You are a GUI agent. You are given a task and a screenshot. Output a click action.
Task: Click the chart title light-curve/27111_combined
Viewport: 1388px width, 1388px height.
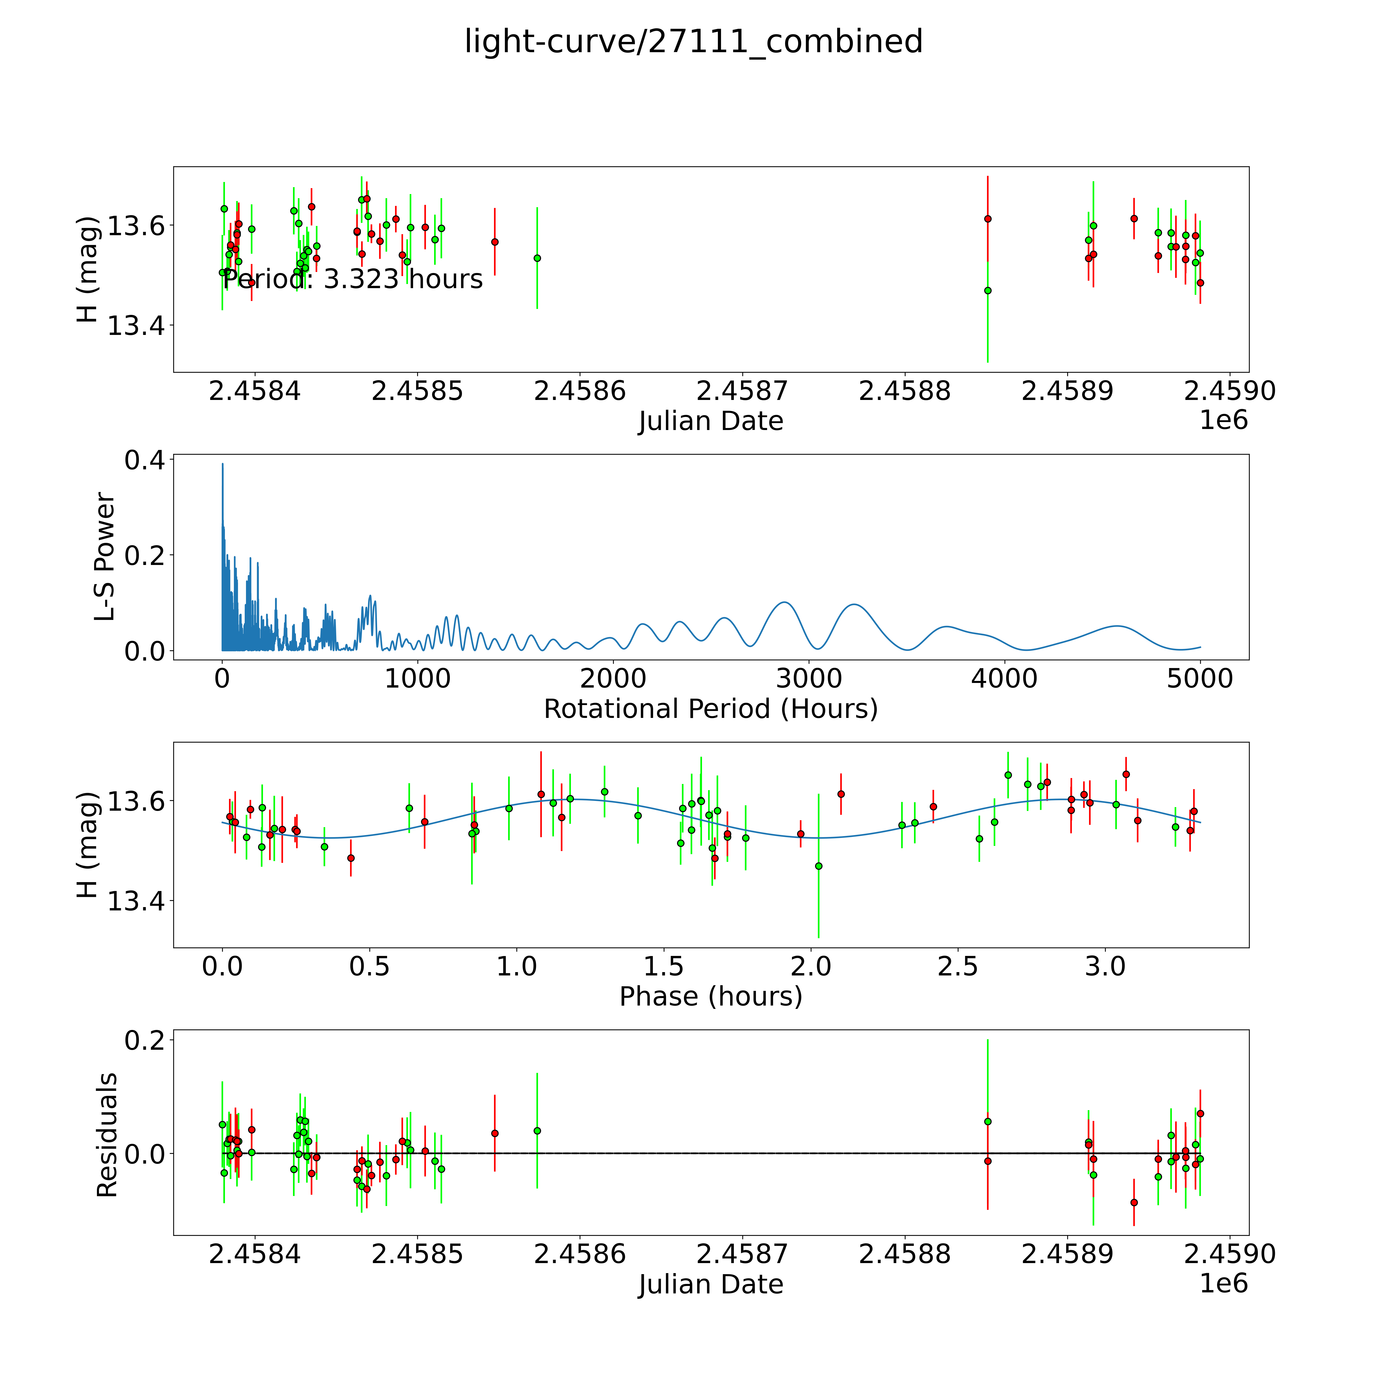693,42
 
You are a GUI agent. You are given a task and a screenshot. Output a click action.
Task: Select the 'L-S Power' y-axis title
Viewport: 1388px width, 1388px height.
105,557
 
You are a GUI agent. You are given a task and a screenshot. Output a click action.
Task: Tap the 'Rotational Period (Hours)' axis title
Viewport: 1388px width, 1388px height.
710,709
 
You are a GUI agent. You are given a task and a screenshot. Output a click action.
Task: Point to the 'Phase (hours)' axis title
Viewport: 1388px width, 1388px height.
710,997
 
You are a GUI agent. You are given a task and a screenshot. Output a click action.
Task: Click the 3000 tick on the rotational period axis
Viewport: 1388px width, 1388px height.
809,678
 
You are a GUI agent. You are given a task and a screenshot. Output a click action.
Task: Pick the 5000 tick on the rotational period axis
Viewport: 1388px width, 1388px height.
1200,678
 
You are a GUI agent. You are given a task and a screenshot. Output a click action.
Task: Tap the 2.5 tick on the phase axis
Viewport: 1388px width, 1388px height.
958,966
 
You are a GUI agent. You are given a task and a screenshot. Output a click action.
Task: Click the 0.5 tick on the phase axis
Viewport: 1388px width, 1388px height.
369,966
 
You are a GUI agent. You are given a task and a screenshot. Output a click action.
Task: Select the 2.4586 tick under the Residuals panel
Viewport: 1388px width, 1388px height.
580,1254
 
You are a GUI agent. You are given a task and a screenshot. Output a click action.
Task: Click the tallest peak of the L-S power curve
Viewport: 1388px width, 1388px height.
223,464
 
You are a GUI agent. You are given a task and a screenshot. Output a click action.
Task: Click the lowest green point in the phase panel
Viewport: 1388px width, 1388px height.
818,866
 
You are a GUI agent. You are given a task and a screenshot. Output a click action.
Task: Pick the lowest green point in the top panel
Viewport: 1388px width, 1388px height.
988,290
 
